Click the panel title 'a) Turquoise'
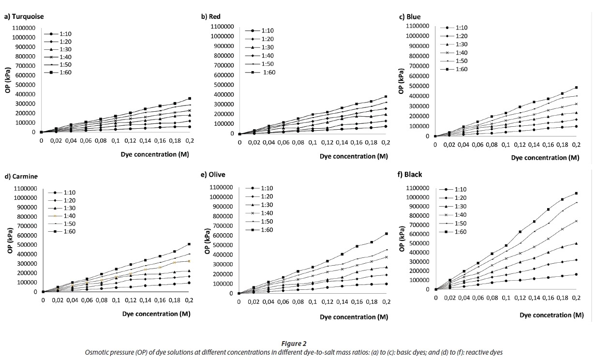coord(24,16)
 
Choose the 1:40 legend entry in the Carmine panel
coord(69,216)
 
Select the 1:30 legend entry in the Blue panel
coord(461,45)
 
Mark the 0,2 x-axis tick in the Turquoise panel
coord(189,141)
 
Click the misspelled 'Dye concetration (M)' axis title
coord(551,315)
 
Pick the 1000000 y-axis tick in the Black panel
coord(417,197)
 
